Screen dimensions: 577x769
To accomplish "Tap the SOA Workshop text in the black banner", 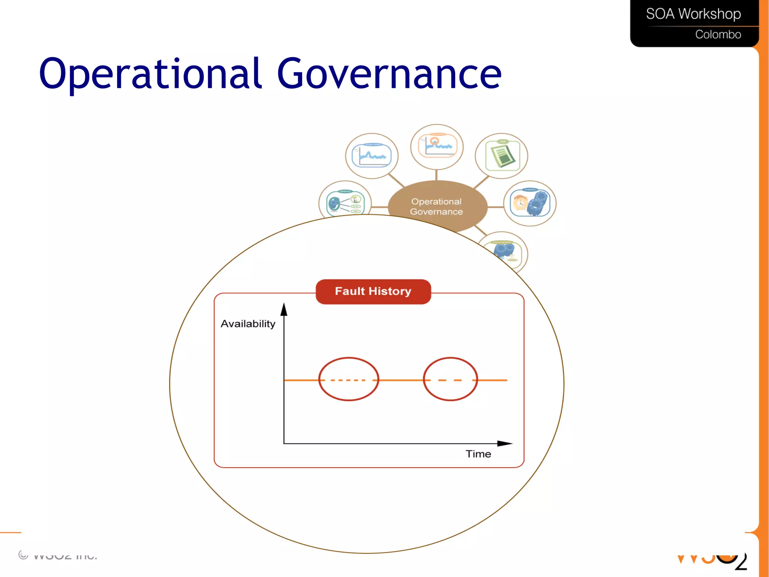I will pyautogui.click(x=693, y=14).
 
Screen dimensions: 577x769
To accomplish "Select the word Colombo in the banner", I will pyautogui.click(x=718, y=35).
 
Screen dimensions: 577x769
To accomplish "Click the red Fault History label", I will pyautogui.click(x=373, y=291).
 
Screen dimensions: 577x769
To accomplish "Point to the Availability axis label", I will pyautogui.click(x=248, y=324).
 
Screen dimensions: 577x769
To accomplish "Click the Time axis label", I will pyautogui.click(x=478, y=454).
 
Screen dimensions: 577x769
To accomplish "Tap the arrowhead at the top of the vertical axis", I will pyautogui.click(x=284, y=309).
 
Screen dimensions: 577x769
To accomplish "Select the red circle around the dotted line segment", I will pyautogui.click(x=348, y=379).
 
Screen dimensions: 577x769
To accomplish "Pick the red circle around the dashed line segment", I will pyautogui.click(x=450, y=379).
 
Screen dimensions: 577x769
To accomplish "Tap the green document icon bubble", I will pyautogui.click(x=502, y=156).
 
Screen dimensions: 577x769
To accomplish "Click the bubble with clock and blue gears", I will pyautogui.click(x=530, y=203).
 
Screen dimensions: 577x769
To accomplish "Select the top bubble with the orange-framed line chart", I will pyautogui.click(x=437, y=147).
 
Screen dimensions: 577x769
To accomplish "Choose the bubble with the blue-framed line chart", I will pyautogui.click(x=371, y=156).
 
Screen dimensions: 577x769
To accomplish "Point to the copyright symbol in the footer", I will pyautogui.click(x=23, y=555).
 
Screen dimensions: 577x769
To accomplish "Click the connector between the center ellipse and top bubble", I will pyautogui.click(x=436, y=175).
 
